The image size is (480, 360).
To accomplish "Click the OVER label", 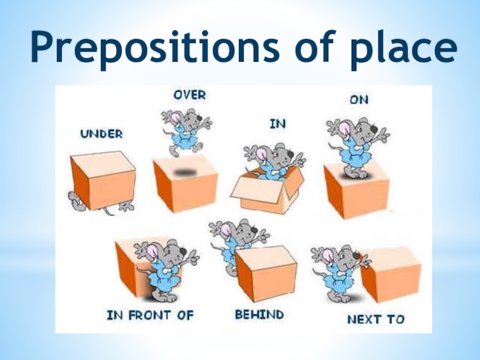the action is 190,95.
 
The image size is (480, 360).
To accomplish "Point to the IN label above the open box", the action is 277,124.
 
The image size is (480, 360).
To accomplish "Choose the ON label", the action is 359,100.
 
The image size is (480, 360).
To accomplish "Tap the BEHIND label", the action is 259,314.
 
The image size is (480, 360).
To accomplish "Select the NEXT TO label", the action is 376,319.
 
